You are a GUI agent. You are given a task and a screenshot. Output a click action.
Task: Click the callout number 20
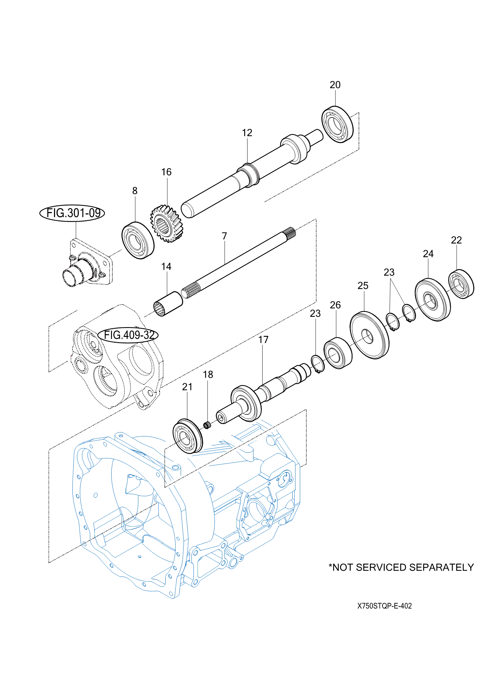pyautogui.click(x=335, y=85)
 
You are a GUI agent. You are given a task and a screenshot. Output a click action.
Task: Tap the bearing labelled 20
pyautogui.click(x=337, y=124)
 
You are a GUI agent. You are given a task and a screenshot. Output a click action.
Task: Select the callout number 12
pyautogui.click(x=247, y=133)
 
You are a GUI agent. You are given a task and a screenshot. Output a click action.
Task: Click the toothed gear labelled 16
pyautogui.click(x=167, y=224)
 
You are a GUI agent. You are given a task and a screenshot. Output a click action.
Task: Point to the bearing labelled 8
pyautogui.click(x=138, y=240)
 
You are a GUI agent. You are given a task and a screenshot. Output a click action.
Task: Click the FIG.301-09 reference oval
pyautogui.click(x=72, y=213)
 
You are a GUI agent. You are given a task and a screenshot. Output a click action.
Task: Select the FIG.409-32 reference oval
pyautogui.click(x=128, y=335)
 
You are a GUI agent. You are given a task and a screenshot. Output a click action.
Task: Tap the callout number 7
pyautogui.click(x=224, y=236)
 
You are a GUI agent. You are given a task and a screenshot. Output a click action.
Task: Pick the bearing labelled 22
pyautogui.click(x=461, y=284)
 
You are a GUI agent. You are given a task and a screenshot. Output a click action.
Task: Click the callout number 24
pyautogui.click(x=428, y=254)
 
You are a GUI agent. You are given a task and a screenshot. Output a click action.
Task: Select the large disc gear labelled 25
pyautogui.click(x=370, y=335)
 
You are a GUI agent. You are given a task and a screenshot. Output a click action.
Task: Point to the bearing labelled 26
pyautogui.click(x=338, y=353)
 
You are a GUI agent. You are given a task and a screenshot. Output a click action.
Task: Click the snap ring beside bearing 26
pyautogui.click(x=318, y=364)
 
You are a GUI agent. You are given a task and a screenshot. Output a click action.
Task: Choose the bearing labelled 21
pyautogui.click(x=188, y=436)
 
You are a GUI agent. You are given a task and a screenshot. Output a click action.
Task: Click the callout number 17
pyautogui.click(x=263, y=340)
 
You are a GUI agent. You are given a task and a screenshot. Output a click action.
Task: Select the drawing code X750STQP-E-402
pyautogui.click(x=384, y=606)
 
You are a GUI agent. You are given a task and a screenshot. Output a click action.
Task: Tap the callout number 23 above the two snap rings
pyautogui.click(x=389, y=272)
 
